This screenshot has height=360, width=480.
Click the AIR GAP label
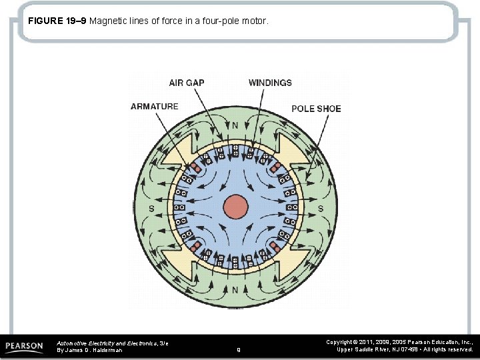tap(187, 83)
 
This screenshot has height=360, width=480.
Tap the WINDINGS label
tap(270, 83)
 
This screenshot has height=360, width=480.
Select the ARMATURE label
tap(155, 107)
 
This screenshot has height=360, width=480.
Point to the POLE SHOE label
tap(316, 109)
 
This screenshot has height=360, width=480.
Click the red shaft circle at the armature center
tap(235, 207)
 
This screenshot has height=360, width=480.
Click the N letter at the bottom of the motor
tap(235, 290)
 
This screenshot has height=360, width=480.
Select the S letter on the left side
tap(152, 209)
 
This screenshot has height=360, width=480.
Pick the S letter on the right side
tap(320, 209)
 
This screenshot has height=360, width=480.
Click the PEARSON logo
tap(25, 346)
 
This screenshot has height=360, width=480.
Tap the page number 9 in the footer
tap(238, 349)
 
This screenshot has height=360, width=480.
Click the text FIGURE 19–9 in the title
tap(57, 21)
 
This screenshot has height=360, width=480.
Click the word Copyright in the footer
tap(340, 342)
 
